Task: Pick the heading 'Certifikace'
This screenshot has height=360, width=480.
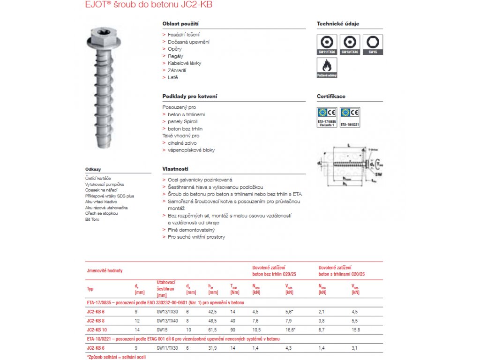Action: [x=331, y=96]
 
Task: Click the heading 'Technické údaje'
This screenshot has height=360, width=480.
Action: [x=338, y=23]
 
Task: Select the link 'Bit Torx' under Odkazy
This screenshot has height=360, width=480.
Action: [x=92, y=219]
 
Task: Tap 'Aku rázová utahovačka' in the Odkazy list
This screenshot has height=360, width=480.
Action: [x=106, y=207]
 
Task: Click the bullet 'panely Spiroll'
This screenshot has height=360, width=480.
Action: [x=183, y=121]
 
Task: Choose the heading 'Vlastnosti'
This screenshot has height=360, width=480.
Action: [x=175, y=169]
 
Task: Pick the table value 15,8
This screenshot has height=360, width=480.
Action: [x=356, y=330]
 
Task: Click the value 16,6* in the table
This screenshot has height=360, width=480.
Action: [x=291, y=330]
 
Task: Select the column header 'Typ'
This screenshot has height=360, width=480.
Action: [x=90, y=289]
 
